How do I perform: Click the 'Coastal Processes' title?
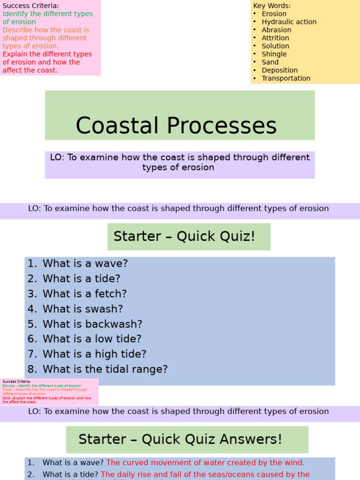coord(176,126)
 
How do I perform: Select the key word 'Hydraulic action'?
coord(289,22)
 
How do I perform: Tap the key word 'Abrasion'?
coord(276,30)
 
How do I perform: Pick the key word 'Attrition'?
coord(275,38)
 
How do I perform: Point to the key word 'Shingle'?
coord(274,54)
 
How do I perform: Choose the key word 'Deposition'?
coord(279,70)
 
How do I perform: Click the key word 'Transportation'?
coord(286,78)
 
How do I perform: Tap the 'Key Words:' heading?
coord(272,6)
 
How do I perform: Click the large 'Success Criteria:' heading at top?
coord(31,6)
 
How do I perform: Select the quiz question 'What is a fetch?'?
coord(84,294)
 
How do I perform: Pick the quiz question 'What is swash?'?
coord(82,309)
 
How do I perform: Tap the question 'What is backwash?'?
coord(92,324)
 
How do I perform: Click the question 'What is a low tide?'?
coord(92,339)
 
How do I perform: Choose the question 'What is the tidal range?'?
coord(105,369)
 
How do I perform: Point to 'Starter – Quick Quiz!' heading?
coord(184,236)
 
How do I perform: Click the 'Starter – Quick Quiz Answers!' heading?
coord(180,439)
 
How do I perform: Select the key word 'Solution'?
coord(275,46)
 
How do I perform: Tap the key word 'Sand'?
coord(270,62)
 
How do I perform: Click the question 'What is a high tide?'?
coord(94,354)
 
